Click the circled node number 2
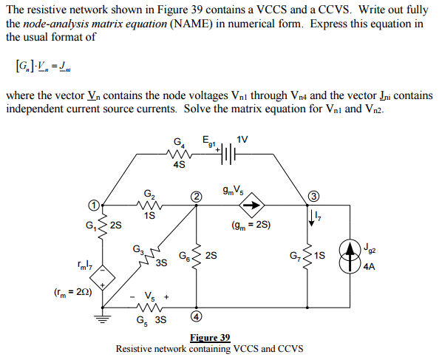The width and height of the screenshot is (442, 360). click(195, 197)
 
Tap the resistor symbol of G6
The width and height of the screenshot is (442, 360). click(196, 255)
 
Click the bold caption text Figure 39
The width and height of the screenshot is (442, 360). click(209, 338)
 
